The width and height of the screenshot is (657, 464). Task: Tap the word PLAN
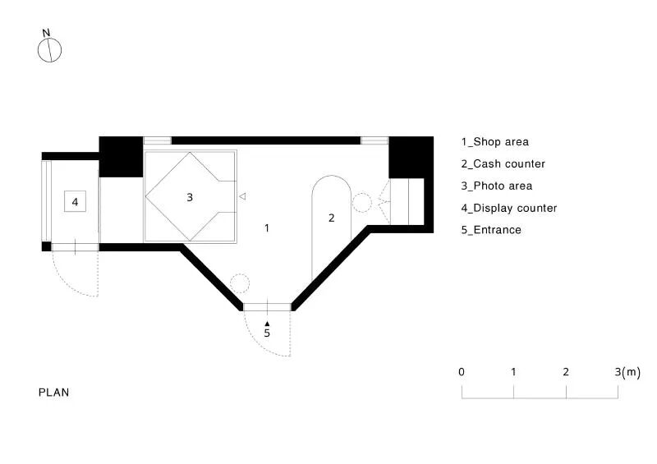[53, 393]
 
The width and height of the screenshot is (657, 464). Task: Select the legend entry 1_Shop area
[495, 142]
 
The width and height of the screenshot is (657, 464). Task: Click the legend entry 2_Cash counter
[503, 164]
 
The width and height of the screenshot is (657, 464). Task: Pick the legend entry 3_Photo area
[497, 186]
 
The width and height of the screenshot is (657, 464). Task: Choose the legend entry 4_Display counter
[509, 209]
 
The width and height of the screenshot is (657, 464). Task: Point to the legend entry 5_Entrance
[491, 230]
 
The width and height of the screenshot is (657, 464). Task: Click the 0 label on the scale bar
[462, 372]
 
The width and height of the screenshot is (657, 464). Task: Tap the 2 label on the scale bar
[566, 372]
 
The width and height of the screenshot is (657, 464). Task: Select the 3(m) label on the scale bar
[627, 372]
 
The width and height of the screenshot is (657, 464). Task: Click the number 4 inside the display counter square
[75, 202]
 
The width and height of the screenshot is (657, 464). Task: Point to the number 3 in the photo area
[190, 197]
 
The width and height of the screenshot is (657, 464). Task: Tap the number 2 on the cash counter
[332, 218]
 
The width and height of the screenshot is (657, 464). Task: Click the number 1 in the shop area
[267, 228]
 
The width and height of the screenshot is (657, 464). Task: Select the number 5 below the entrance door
[267, 333]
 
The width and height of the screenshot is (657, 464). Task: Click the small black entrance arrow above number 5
[267, 324]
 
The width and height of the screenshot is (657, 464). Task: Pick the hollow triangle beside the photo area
[242, 196]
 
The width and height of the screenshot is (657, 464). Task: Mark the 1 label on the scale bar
[513, 372]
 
